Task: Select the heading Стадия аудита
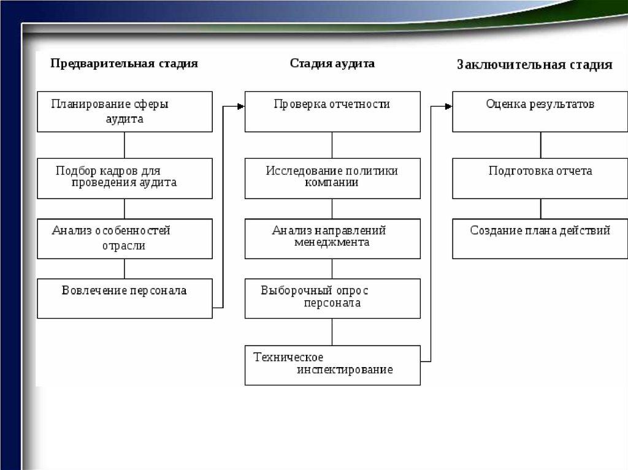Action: (x=332, y=63)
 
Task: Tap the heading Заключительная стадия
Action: (x=534, y=65)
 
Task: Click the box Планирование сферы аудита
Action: (x=124, y=112)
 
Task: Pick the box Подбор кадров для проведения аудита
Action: (x=124, y=178)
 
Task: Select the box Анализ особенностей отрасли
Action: (x=124, y=238)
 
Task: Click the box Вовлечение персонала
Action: (x=124, y=298)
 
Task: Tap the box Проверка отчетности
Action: (x=332, y=112)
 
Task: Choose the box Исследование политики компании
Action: (x=332, y=178)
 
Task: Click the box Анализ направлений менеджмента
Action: (x=332, y=238)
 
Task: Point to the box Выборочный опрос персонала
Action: (x=332, y=298)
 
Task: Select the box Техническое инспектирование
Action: (x=332, y=365)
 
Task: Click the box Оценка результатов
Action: (x=540, y=112)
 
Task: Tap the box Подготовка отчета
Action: (x=540, y=178)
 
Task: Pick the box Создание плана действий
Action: (x=540, y=238)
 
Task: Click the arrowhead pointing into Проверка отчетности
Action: (x=241, y=107)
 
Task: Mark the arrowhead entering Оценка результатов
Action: (x=449, y=107)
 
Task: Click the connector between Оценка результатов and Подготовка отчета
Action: (x=540, y=145)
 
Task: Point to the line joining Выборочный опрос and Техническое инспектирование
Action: (x=332, y=332)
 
